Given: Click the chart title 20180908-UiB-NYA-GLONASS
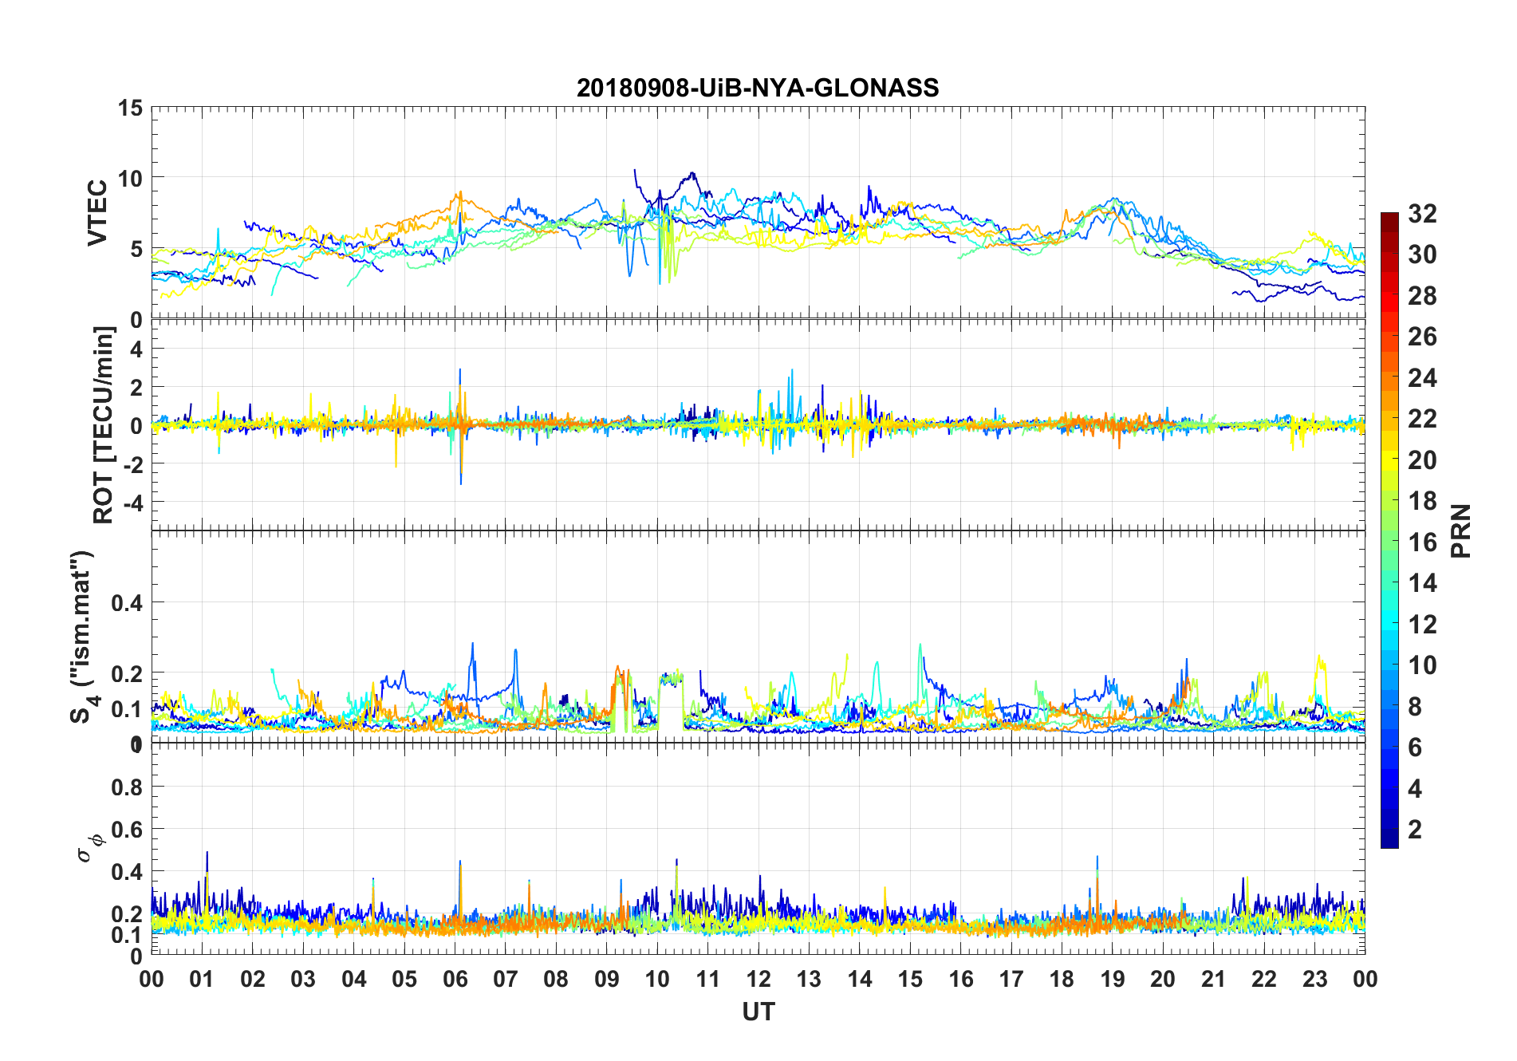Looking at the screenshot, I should tap(758, 88).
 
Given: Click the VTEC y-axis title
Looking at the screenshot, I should tap(97, 213).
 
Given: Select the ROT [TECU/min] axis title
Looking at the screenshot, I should tap(103, 425).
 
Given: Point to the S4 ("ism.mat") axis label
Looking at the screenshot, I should tap(83, 637).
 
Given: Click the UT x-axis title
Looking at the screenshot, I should tap(758, 1012).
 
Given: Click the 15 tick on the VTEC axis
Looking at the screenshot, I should tap(130, 108).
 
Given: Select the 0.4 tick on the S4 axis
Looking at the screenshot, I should tap(126, 603).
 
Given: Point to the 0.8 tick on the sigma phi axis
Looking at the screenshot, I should tap(126, 787).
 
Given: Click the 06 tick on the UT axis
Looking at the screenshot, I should tap(455, 979).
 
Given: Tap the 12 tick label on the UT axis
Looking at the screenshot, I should tap(758, 979).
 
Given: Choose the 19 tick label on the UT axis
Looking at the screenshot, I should tap(1112, 979).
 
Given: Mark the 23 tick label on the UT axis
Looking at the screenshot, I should tap(1314, 979).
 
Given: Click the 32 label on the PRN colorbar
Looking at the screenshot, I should tap(1422, 214).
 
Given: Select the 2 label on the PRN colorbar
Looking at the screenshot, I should tap(1415, 830).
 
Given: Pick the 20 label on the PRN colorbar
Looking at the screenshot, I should tap(1422, 460).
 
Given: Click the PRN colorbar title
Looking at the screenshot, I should tap(1461, 530).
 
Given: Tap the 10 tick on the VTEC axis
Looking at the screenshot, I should tap(130, 179).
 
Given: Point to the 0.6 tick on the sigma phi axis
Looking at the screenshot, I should tap(126, 830).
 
